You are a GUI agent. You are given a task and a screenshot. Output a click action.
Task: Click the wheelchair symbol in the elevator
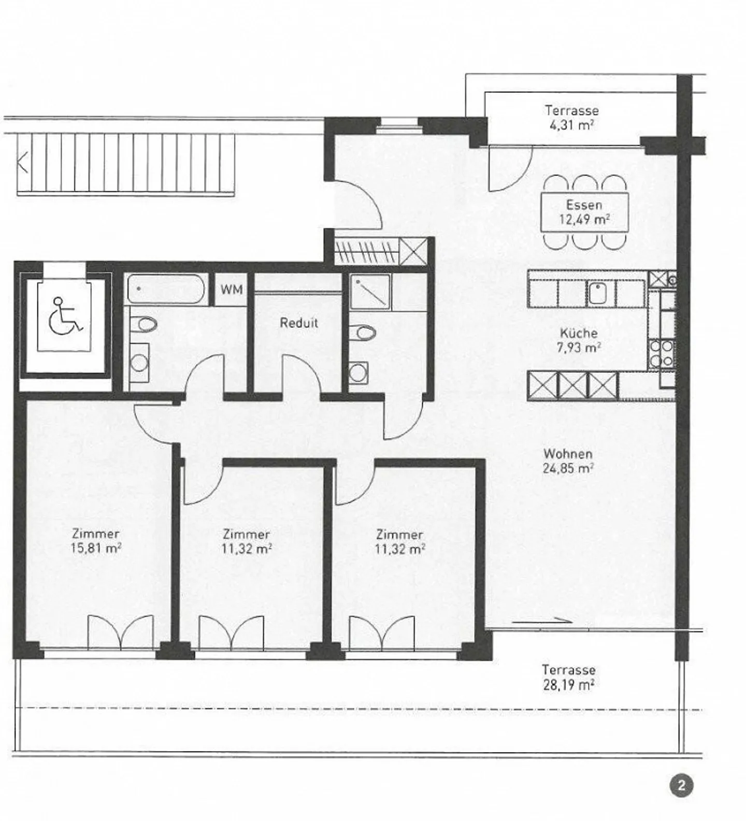tap(65, 315)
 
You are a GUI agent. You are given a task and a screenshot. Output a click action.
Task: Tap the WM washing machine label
tap(231, 290)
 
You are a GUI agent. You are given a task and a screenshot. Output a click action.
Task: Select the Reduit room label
tap(299, 323)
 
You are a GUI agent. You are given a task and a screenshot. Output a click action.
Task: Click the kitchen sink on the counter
tap(597, 293)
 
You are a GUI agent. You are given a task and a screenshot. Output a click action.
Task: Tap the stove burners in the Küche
tap(662, 354)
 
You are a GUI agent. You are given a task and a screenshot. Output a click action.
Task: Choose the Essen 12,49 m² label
tap(584, 212)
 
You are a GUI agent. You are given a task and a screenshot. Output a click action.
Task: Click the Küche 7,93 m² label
tap(579, 340)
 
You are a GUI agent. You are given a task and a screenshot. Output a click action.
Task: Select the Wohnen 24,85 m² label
tap(568, 461)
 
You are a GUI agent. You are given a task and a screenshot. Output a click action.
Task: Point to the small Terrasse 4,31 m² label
tap(571, 118)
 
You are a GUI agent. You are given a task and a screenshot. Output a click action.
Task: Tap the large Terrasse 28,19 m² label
tap(568, 678)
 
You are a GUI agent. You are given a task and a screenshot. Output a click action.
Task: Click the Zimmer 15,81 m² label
tap(96, 541)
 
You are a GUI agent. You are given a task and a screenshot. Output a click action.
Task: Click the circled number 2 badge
tap(681, 786)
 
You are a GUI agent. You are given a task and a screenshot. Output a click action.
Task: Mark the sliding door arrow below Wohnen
tap(542, 621)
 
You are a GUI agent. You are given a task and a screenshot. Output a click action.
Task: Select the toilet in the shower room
tap(362, 332)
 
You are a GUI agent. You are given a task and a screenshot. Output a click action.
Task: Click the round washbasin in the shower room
tap(357, 372)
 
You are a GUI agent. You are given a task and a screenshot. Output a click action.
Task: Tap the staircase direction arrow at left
tap(22, 163)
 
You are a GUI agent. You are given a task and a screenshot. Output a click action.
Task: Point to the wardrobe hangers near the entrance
tap(367, 252)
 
